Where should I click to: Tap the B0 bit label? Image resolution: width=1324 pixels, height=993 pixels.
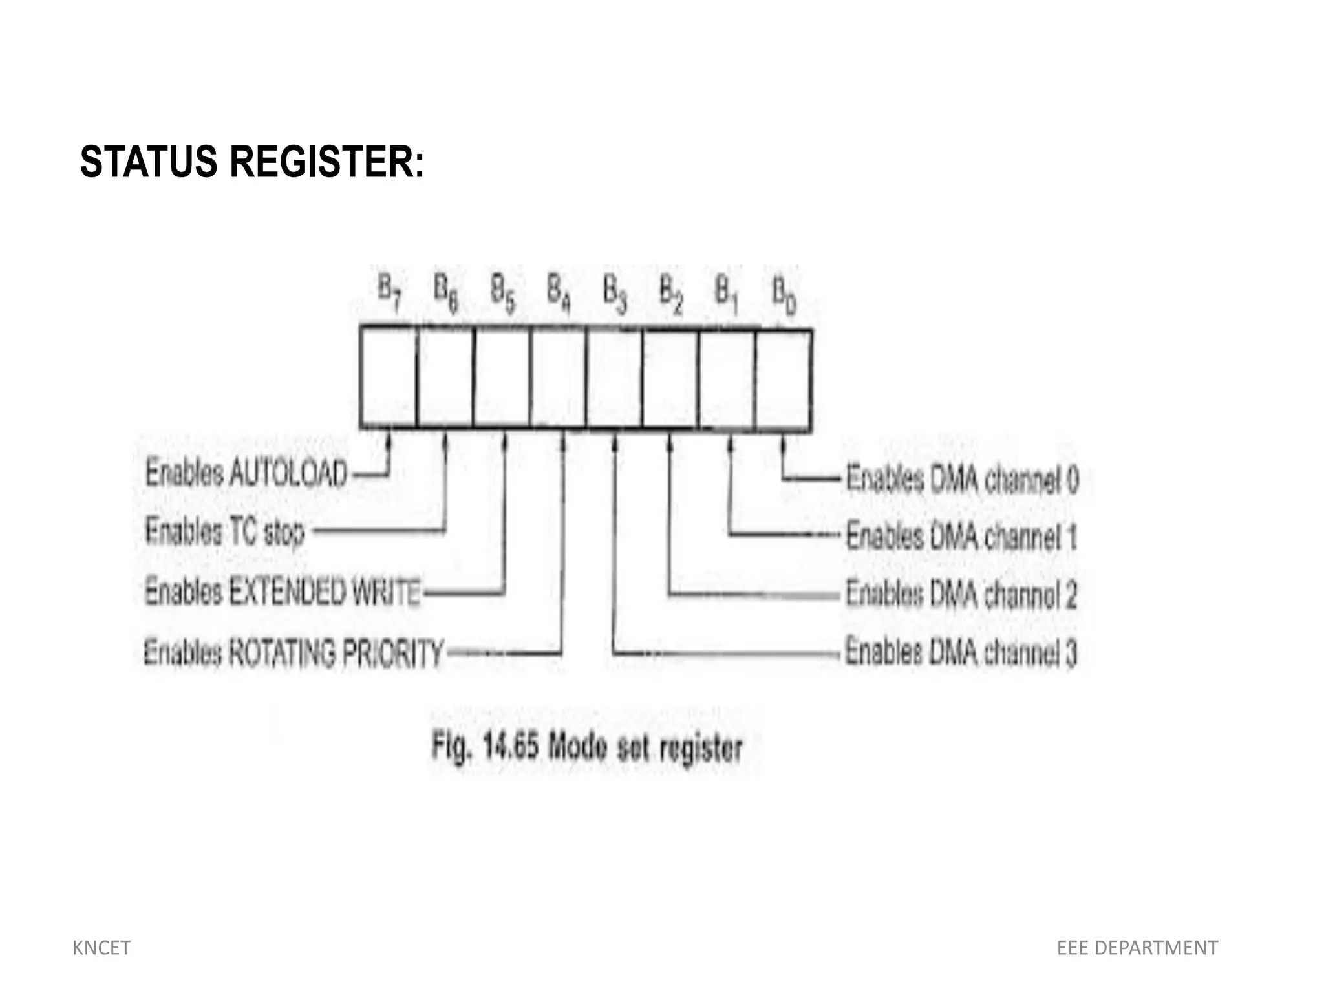(x=784, y=296)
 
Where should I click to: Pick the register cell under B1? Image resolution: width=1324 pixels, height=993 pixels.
(x=727, y=379)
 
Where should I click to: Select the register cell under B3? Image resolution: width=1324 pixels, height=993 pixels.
(x=614, y=379)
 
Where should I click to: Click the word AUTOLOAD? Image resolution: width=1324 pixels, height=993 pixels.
(x=288, y=473)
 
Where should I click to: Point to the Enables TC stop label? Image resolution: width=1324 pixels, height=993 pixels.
(x=224, y=532)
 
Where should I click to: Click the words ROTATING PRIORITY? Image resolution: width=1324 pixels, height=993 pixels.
(x=336, y=652)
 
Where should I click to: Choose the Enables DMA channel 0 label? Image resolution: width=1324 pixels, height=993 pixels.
(x=962, y=479)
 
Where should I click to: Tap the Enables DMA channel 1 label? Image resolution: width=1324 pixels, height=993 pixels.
(x=961, y=536)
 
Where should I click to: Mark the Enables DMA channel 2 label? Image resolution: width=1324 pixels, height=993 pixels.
(x=961, y=593)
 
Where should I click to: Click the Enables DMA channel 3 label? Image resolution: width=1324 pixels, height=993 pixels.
(x=961, y=651)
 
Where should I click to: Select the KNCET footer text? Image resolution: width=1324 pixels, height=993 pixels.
(x=101, y=948)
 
